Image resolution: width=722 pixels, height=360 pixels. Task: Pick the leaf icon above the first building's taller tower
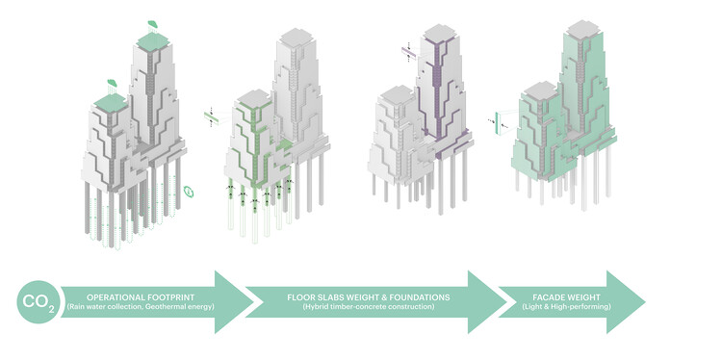coord(152,22)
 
